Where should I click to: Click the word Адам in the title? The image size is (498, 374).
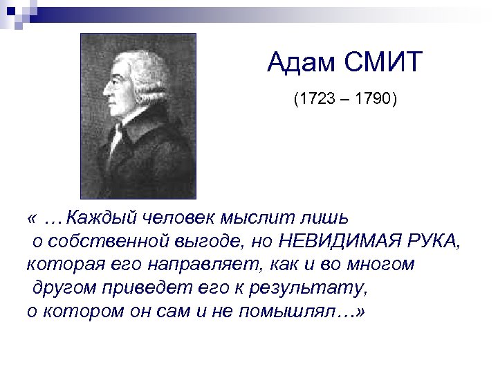coord(299,65)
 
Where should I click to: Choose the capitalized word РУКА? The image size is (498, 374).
coord(428,242)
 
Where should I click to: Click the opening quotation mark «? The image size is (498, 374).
coord(32,220)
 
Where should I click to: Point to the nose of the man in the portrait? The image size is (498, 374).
coord(104,92)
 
